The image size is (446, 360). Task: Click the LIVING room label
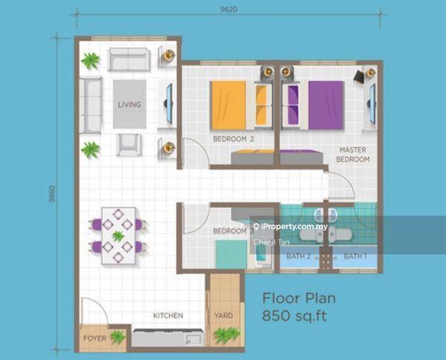click(x=129, y=104)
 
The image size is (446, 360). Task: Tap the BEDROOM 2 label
click(x=233, y=139)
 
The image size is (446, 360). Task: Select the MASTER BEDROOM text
click(x=352, y=154)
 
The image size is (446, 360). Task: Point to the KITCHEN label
click(x=168, y=315)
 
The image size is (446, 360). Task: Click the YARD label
click(x=224, y=315)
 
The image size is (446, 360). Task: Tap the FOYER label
click(x=95, y=338)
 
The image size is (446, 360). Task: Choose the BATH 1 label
click(x=355, y=256)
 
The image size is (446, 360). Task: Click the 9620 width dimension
click(x=229, y=10)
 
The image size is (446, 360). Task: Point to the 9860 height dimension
click(x=52, y=194)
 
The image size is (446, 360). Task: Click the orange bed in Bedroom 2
click(x=228, y=106)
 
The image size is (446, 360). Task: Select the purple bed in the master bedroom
click(x=326, y=106)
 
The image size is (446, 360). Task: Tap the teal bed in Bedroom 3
click(x=231, y=254)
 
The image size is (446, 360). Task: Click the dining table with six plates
click(x=118, y=236)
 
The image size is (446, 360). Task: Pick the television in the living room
click(x=169, y=103)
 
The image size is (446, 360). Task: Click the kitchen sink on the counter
click(x=194, y=339)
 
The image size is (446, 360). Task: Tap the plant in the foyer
click(x=117, y=338)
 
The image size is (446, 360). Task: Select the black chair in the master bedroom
click(x=359, y=77)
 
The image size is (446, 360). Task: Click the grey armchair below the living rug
click(x=129, y=144)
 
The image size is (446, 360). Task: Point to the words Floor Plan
click(x=299, y=298)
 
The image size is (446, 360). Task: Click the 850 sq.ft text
click(x=294, y=316)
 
